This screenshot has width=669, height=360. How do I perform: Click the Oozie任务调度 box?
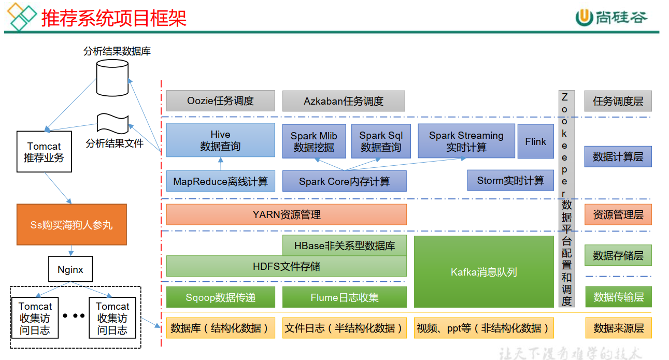[220, 101]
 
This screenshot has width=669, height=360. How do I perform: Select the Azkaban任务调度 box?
[343, 101]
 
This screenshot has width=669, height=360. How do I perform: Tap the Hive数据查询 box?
[220, 140]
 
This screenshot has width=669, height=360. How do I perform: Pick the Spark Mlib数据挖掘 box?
[314, 141]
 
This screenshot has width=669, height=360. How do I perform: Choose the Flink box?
[535, 141]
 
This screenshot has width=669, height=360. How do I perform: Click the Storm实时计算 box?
[510, 181]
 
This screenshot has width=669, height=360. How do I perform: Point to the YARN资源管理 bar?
[286, 214]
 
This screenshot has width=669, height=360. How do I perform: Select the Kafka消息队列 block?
[483, 272]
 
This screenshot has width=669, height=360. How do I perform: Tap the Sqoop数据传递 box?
[220, 297]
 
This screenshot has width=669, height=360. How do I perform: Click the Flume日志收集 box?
[344, 297]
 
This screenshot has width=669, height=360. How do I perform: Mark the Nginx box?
[70, 270]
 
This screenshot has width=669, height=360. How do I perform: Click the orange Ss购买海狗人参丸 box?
[72, 225]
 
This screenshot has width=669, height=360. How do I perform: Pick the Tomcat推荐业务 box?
[44, 152]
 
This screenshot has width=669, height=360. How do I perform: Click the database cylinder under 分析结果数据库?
[112, 78]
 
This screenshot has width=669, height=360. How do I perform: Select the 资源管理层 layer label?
[618, 214]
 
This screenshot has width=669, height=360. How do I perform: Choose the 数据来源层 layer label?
[618, 328]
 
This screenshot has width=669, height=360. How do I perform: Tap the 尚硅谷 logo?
[611, 17]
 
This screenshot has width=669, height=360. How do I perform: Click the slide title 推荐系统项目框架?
[113, 18]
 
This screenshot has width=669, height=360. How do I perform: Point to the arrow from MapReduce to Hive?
[220, 164]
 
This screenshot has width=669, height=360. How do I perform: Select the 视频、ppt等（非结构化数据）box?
[483, 328]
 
